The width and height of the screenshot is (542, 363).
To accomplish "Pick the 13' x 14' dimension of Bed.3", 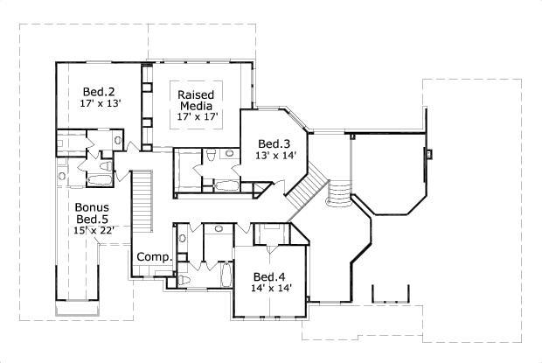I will [276, 157].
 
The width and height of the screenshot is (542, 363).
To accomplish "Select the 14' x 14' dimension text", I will [270, 287].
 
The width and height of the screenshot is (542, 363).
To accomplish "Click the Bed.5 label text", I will [92, 219].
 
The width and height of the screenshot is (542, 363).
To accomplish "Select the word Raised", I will [197, 94].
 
